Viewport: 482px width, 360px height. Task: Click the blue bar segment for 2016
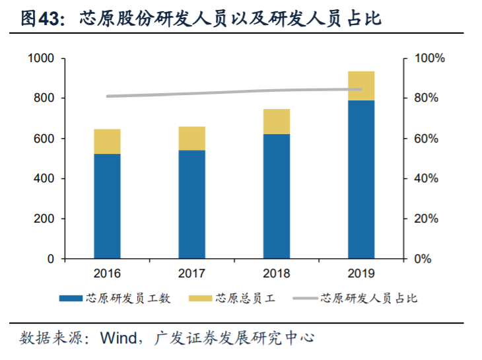point(107,206)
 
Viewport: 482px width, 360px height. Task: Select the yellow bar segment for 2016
point(107,141)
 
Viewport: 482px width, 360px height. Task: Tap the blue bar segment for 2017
point(191,204)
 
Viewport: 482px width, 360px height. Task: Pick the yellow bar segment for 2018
point(277,122)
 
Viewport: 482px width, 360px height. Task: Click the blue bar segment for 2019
point(361,179)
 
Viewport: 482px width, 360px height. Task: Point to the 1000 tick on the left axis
point(41,58)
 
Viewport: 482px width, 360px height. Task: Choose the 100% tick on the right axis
point(429,58)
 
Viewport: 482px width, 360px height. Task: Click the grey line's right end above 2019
point(361,89)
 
